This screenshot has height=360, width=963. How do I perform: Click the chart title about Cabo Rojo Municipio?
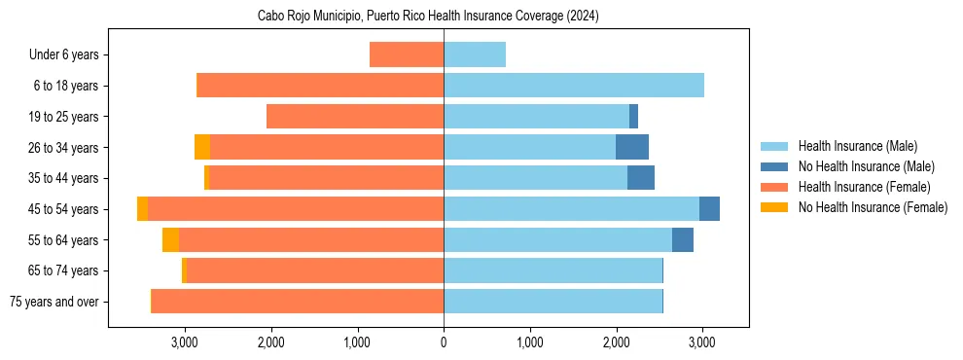(428, 16)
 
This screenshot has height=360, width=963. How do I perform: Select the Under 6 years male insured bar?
(475, 54)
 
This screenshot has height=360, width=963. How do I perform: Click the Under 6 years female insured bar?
(407, 54)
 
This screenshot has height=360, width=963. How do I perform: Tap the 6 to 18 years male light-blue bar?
(574, 86)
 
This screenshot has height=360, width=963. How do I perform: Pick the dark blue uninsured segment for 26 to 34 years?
(632, 147)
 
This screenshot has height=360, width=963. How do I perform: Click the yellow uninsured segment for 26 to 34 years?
(202, 147)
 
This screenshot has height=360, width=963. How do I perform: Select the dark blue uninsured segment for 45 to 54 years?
(709, 209)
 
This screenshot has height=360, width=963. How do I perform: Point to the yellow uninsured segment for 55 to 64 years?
(170, 239)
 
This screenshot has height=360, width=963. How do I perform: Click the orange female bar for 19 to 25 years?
(355, 117)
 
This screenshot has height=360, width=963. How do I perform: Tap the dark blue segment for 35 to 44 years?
(641, 178)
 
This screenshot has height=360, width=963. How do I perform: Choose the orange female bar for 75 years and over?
(298, 302)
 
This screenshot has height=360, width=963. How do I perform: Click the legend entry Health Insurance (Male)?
(857, 146)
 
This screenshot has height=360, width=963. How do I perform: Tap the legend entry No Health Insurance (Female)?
(873, 207)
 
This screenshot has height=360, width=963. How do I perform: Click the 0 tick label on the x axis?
(444, 342)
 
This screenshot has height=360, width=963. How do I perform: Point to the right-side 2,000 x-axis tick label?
(617, 342)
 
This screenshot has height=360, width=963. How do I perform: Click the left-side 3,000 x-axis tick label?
(185, 342)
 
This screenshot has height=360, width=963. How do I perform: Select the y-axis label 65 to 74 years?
(64, 270)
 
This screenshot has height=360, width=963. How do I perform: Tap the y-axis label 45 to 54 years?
(64, 209)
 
